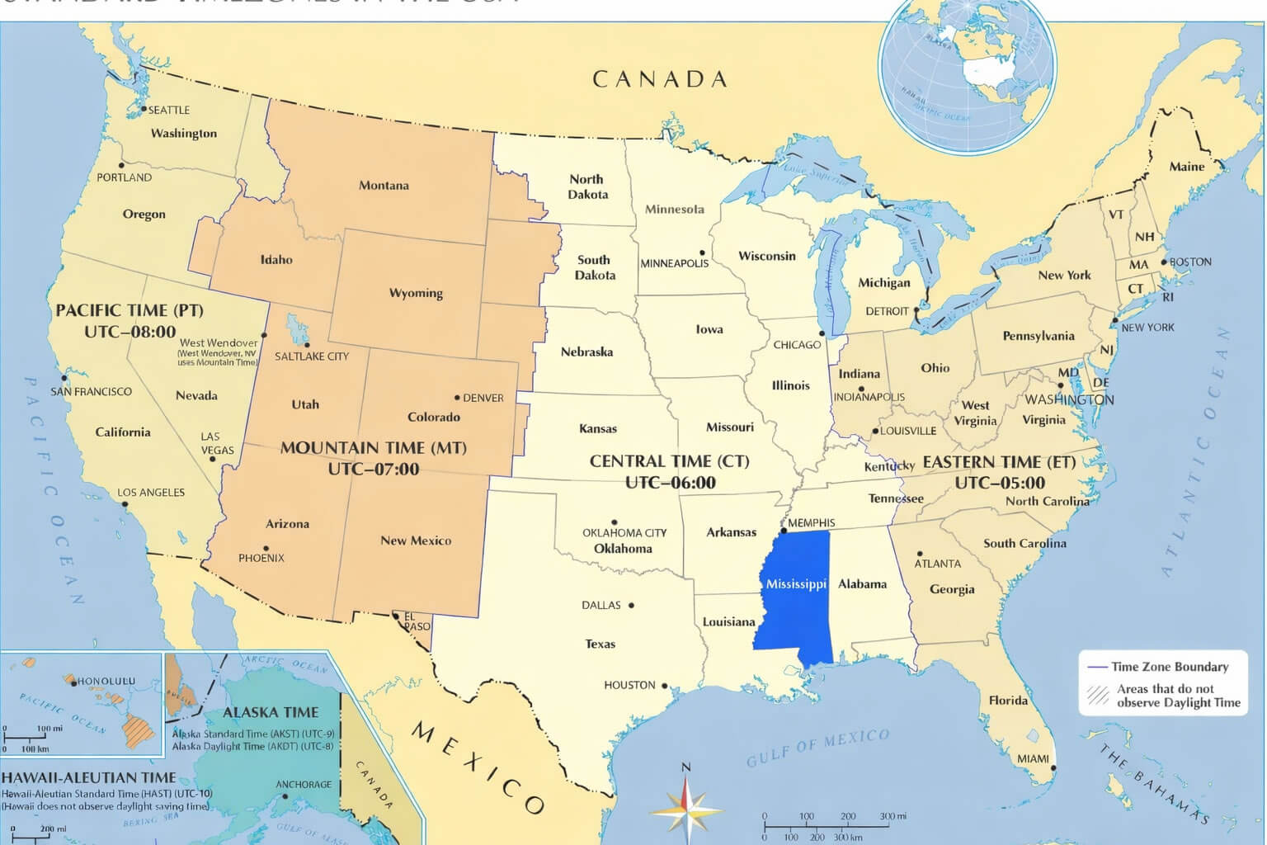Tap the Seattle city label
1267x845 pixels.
(x=169, y=110)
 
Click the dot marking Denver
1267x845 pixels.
(x=458, y=398)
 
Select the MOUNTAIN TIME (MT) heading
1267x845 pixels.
(x=374, y=448)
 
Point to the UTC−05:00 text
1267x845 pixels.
(x=1000, y=483)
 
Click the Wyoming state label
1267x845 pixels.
(x=416, y=293)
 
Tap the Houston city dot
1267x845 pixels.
(x=664, y=686)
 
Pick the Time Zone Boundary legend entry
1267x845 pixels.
(x=1169, y=667)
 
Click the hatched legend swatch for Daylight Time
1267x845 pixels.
(x=1098, y=695)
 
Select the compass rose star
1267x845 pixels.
(x=685, y=807)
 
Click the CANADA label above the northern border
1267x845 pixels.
(x=660, y=79)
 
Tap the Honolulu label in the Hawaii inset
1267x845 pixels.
(x=106, y=681)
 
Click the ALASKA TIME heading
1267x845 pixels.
(x=271, y=712)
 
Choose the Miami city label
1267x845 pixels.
(x=1033, y=758)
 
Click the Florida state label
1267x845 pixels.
(x=1008, y=701)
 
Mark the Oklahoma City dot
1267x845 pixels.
(x=614, y=522)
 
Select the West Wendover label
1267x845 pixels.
(x=219, y=342)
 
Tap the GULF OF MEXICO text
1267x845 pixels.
(x=818, y=747)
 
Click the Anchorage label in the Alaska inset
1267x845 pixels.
(x=304, y=784)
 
